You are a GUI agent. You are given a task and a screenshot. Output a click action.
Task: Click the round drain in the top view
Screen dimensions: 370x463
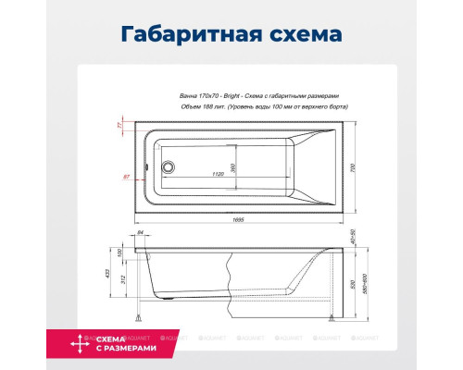click(x=168, y=168)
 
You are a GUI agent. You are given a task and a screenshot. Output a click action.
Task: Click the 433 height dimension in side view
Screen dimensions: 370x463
click(x=107, y=274)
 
